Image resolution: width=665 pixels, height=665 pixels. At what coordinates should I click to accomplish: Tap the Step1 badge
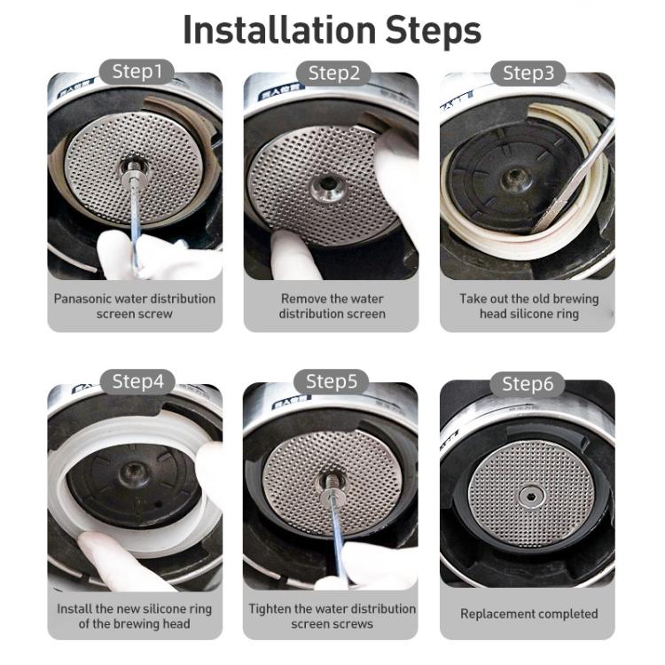tap(136, 72)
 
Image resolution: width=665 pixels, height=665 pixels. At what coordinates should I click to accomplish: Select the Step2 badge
tap(332, 72)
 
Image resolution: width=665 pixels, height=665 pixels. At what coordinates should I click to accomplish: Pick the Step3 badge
tap(528, 72)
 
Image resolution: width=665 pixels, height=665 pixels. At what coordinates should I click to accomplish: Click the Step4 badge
tap(136, 382)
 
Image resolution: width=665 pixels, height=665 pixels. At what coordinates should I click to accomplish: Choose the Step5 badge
tap(332, 382)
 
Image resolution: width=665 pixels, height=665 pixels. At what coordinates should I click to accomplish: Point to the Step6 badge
tap(528, 383)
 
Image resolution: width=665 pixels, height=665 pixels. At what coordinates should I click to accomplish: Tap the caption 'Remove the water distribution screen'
tap(332, 306)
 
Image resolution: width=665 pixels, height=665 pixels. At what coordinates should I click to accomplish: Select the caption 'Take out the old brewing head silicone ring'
tap(528, 306)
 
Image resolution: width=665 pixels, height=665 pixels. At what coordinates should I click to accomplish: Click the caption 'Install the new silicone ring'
tap(135, 616)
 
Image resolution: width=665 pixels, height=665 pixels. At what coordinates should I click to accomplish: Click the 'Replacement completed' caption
tap(528, 614)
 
